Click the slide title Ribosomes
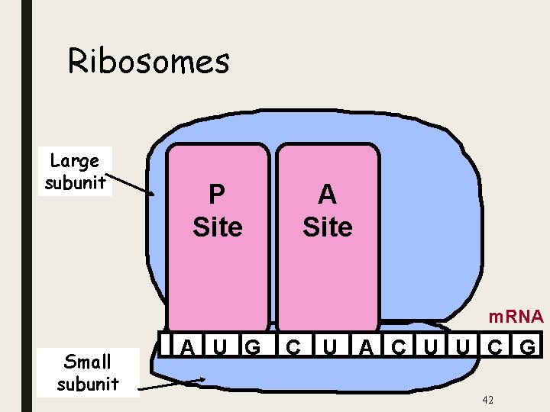pyautogui.click(x=148, y=61)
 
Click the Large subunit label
pyautogui.click(x=74, y=172)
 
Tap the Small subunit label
pyautogui.click(x=87, y=372)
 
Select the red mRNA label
pyautogui.click(x=516, y=316)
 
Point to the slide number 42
pyautogui.click(x=487, y=400)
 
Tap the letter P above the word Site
pyautogui.click(x=217, y=195)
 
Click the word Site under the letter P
pyautogui.click(x=217, y=227)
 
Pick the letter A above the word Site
pyautogui.click(x=327, y=195)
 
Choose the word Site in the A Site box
pyautogui.click(x=327, y=227)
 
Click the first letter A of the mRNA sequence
pyautogui.click(x=186, y=347)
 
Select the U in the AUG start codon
pyautogui.click(x=220, y=347)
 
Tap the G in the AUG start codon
pyautogui.click(x=252, y=347)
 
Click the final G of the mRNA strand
pyautogui.click(x=527, y=347)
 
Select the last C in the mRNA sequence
pyautogui.click(x=495, y=347)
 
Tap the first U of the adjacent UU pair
pyautogui.click(x=431, y=347)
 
